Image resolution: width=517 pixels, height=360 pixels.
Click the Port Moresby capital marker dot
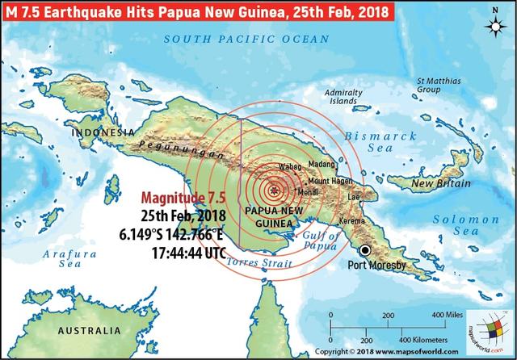[366, 250]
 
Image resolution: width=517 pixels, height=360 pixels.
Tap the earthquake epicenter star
[275, 190]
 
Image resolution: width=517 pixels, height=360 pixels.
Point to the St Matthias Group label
[437, 86]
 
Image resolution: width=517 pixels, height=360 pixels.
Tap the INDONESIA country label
[103, 132]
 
